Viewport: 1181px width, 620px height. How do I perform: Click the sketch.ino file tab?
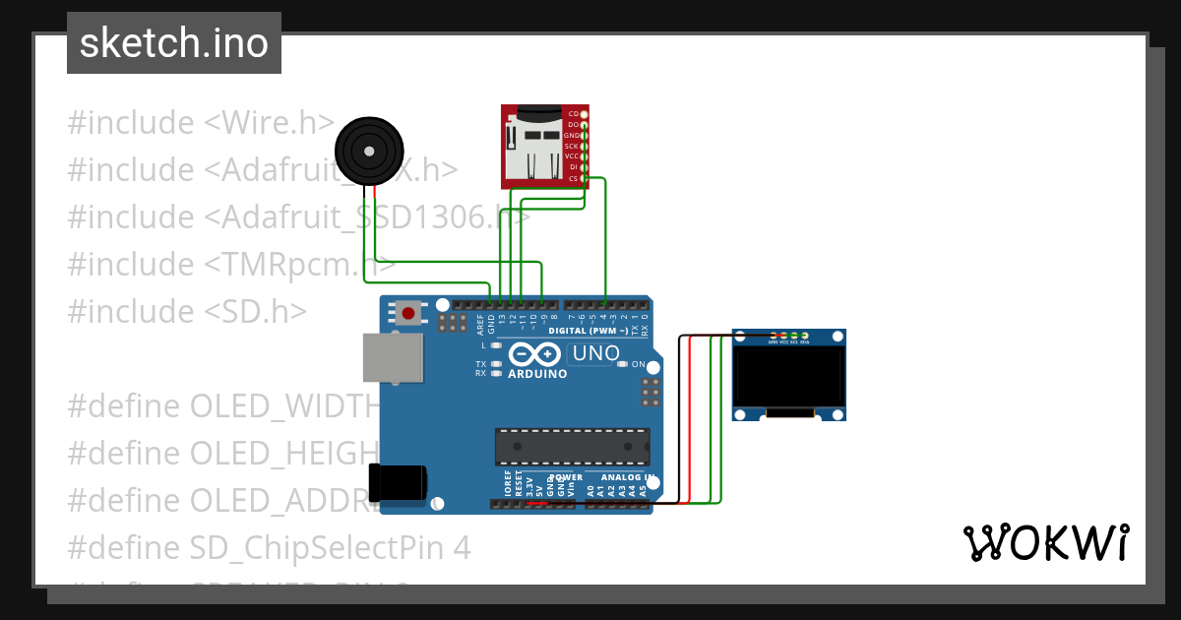[173, 43]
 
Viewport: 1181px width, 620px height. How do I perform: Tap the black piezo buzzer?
[368, 151]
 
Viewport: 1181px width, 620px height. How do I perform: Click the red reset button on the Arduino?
[407, 314]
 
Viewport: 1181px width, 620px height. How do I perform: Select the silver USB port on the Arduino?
[393, 356]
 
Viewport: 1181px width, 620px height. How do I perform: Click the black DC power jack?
[398, 481]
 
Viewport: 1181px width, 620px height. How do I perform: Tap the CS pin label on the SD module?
[573, 178]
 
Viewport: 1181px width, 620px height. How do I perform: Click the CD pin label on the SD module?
[573, 114]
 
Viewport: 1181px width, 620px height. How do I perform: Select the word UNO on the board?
[596, 353]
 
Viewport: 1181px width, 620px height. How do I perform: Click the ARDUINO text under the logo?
[537, 374]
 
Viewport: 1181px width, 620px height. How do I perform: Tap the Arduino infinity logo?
[536, 355]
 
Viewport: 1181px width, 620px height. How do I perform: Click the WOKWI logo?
[1045, 542]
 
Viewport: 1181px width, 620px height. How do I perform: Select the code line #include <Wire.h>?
[201, 123]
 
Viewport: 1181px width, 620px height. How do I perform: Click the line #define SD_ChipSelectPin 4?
[269, 547]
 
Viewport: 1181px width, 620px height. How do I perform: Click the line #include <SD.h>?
[187, 311]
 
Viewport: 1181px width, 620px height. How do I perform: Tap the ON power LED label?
[638, 364]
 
